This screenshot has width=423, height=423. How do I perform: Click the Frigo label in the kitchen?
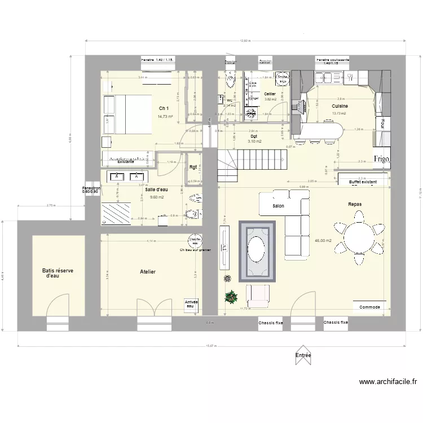pyautogui.click(x=381, y=158)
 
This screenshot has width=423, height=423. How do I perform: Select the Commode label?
pyautogui.click(x=370, y=307)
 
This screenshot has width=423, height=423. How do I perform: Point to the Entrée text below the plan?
pyautogui.click(x=303, y=355)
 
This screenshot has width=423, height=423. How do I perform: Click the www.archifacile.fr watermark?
pyautogui.click(x=388, y=382)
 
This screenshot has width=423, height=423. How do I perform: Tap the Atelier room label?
pyautogui.click(x=148, y=272)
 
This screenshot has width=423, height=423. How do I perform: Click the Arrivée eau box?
pyautogui.click(x=192, y=304)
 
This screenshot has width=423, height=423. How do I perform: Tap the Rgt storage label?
pyautogui.click(x=193, y=166)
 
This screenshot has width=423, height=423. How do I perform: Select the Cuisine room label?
pyautogui.click(x=340, y=106)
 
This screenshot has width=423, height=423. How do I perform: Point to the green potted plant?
pyautogui.click(x=230, y=296)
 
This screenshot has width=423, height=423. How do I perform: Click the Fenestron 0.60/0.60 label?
pyautogui.click(x=91, y=190)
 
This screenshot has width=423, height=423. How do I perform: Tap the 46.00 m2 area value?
pyautogui.click(x=323, y=241)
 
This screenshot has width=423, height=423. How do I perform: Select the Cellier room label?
pyautogui.click(x=270, y=94)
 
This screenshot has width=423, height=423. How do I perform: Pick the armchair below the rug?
pyautogui.click(x=257, y=295)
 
